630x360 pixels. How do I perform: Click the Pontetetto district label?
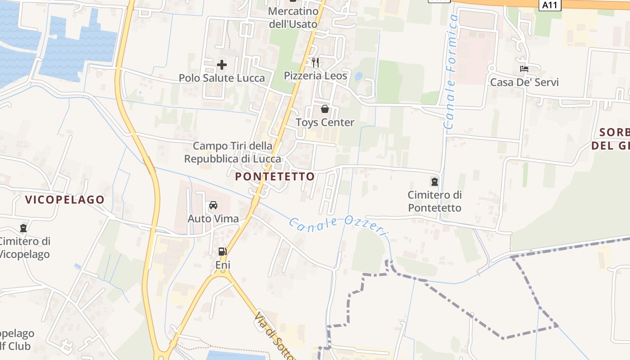point(275,176)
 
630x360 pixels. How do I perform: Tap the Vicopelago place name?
point(65,200)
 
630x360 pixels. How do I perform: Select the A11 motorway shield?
point(550,5)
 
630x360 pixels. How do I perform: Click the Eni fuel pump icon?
point(222,252)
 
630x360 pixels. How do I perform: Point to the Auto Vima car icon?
point(213,205)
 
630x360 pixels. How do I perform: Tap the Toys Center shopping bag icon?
point(325,108)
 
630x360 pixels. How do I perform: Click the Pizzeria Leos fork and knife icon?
point(315,62)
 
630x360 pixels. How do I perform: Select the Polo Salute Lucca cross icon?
point(222,65)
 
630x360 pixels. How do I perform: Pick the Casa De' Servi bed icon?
point(524,69)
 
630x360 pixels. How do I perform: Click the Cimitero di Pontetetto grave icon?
point(435,182)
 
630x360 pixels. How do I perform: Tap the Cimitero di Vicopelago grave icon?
point(23,228)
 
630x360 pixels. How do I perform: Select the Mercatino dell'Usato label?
point(293,18)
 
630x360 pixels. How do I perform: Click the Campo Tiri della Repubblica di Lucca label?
point(233,153)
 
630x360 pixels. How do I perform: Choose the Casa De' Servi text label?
point(524,82)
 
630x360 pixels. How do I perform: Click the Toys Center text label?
point(325,122)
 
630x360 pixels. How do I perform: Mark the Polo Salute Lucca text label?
point(222,78)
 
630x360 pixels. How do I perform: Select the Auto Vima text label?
point(213,219)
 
